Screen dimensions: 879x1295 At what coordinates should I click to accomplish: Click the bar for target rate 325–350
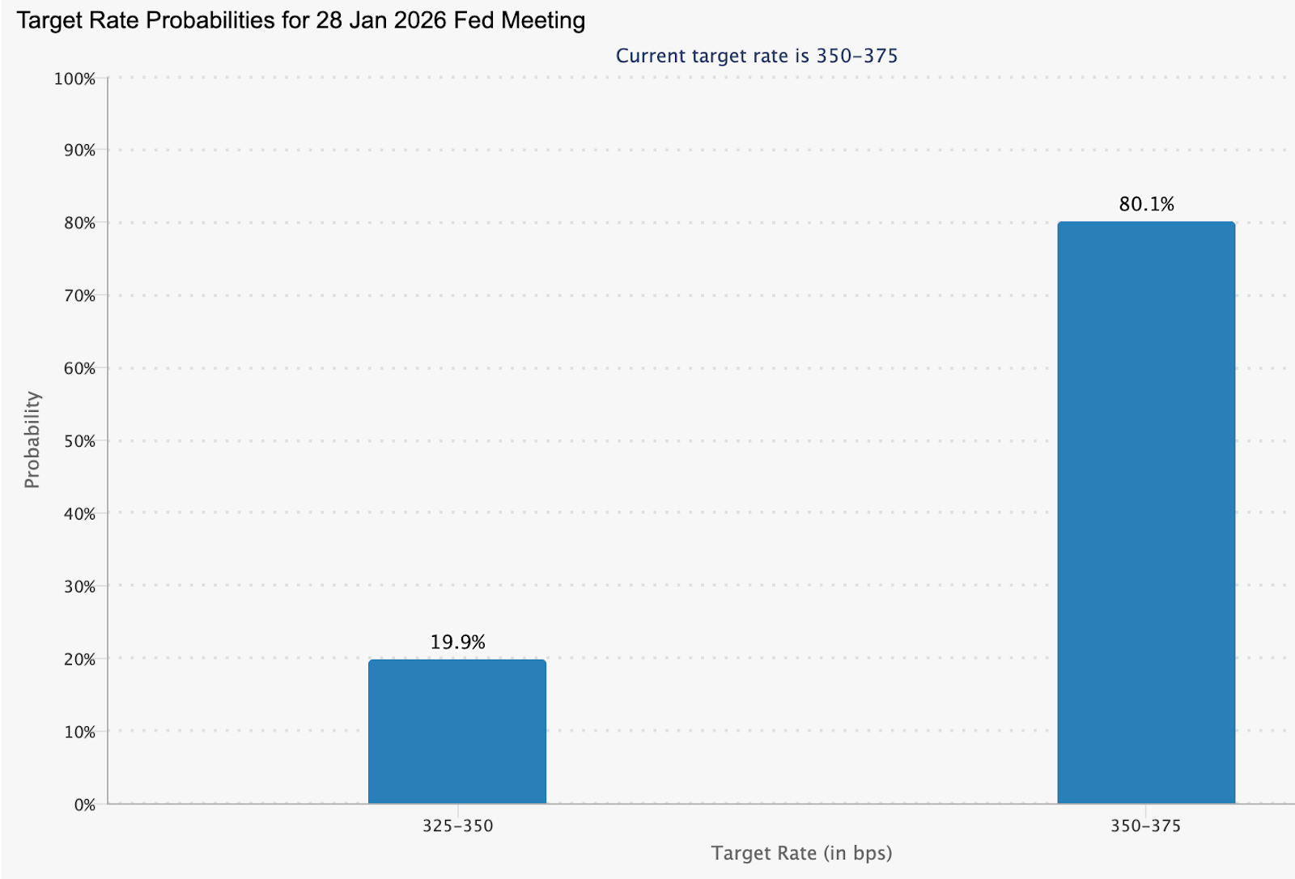[x=457, y=732]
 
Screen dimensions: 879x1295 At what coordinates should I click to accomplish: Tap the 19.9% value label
[x=457, y=642]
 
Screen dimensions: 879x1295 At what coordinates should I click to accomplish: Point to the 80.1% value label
[x=1146, y=204]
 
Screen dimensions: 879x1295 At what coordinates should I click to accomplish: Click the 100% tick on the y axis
[x=74, y=79]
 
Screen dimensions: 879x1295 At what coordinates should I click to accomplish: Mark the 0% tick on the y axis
[x=84, y=805]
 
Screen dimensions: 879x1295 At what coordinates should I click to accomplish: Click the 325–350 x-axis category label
[x=457, y=826]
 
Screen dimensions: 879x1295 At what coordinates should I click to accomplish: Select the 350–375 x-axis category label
[x=1145, y=826]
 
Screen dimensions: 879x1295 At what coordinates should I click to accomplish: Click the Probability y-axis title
[x=32, y=439]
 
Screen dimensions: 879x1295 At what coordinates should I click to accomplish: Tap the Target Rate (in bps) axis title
[x=801, y=853]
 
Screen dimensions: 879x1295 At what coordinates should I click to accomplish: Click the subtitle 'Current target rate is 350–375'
[x=757, y=56]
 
